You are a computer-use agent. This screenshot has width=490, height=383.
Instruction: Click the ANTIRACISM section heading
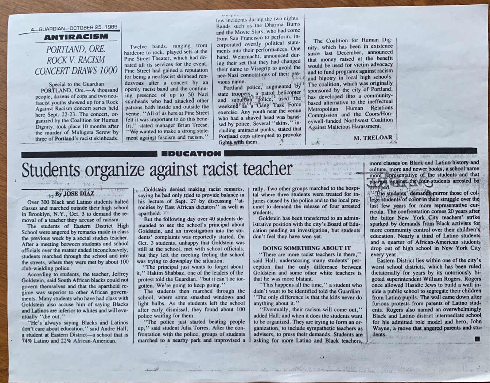[76, 37]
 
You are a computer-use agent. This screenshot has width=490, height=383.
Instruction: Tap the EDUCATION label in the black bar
[191, 154]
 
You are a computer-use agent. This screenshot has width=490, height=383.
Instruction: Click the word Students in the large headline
[51, 170]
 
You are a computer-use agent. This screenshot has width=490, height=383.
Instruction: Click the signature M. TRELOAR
[373, 138]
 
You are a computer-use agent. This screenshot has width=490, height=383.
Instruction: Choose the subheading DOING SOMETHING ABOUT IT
[306, 248]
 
